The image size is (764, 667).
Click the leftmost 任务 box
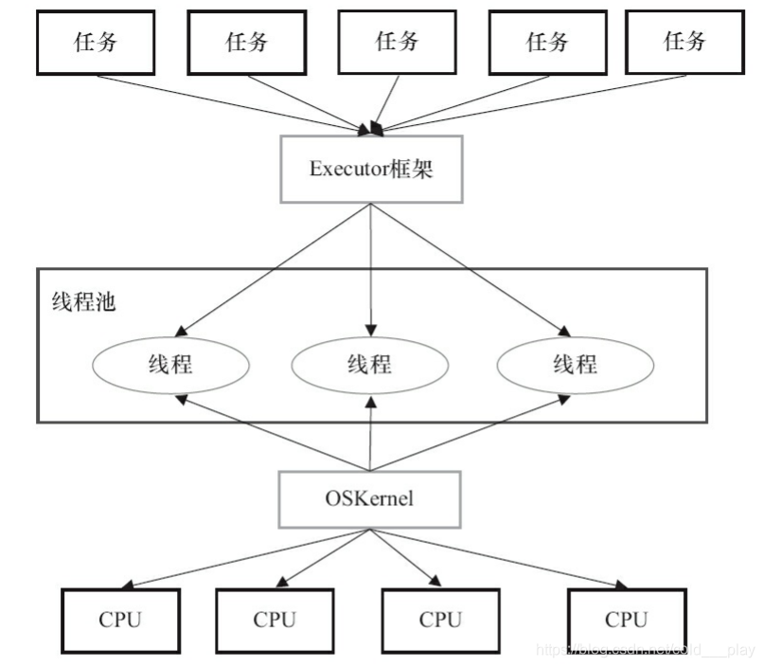[95, 43]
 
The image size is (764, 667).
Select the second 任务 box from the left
[245, 43]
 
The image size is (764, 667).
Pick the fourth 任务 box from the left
[546, 43]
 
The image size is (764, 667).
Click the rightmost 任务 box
[684, 43]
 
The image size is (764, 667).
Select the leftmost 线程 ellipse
[170, 365]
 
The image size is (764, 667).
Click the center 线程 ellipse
[368, 365]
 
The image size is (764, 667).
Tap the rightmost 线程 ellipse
[574, 365]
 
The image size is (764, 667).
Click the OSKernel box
[369, 498]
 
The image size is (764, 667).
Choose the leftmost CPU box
[119, 621]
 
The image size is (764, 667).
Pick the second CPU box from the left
[275, 621]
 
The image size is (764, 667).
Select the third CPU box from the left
[439, 621]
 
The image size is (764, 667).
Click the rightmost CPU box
[626, 621]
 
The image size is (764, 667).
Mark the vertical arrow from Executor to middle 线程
[369, 265]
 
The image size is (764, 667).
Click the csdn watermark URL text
[644, 650]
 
